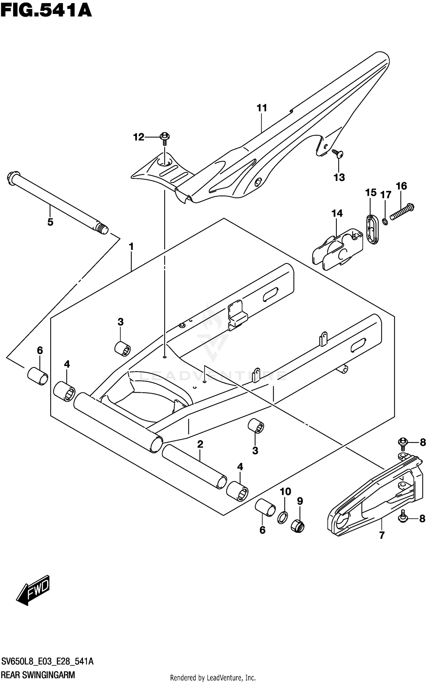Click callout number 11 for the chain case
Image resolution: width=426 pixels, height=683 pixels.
pyautogui.click(x=262, y=108)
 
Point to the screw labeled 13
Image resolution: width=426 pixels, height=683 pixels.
pyautogui.click(x=338, y=154)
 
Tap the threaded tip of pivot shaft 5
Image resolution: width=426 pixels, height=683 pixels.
pyautogui.click(x=102, y=228)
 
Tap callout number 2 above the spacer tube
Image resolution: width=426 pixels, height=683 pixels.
pyautogui.click(x=200, y=444)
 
